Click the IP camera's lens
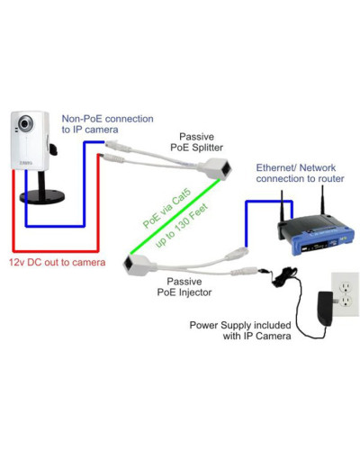tap(25, 123)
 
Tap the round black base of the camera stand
tap(42, 197)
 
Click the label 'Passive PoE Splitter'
tap(196, 142)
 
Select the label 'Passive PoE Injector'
tap(184, 287)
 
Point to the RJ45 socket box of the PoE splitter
tap(215, 167)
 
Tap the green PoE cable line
tap(175, 217)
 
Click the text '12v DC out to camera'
tap(57, 263)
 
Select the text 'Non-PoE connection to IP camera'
tap(107, 124)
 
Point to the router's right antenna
tap(323, 200)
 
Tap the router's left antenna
tap(283, 207)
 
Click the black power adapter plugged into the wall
tap(326, 308)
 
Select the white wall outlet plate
tap(345, 294)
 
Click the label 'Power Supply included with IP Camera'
tap(240, 330)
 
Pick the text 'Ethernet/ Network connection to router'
tap(300, 173)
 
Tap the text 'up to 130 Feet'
tap(182, 225)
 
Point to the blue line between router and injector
tap(269, 201)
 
